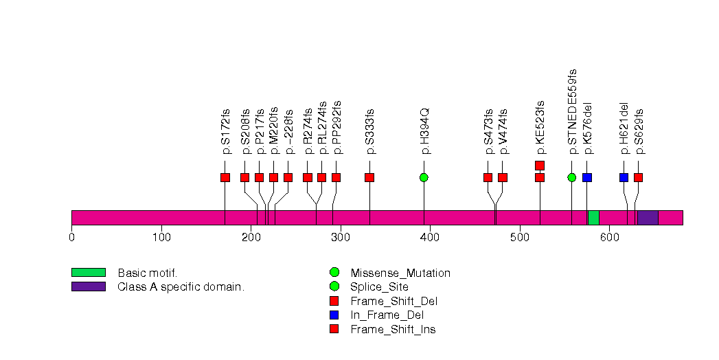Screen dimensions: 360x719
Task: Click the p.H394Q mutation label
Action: click(424, 131)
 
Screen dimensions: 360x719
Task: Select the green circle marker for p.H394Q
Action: click(424, 177)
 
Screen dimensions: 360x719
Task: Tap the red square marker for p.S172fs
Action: click(225, 177)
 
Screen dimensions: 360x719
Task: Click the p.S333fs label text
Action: click(370, 131)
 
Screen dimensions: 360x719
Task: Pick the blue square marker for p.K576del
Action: click(586, 177)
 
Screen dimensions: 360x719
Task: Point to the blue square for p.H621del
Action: click(624, 177)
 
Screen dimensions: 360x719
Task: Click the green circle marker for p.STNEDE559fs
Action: click(572, 177)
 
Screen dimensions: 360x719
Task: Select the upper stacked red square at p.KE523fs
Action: click(540, 165)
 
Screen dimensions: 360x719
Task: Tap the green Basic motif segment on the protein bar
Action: click(593, 217)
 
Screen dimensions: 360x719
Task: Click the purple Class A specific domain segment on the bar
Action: click(648, 217)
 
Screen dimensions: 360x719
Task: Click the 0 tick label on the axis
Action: click(71, 238)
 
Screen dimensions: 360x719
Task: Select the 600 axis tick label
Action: click(608, 238)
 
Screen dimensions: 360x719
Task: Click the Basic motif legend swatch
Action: click(88, 273)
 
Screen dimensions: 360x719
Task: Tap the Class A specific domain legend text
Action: click(181, 286)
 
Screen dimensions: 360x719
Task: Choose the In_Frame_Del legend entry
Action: click(387, 315)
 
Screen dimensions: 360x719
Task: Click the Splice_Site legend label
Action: click(379, 286)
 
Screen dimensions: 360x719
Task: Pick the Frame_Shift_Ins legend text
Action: click(393, 330)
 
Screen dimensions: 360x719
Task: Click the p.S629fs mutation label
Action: click(639, 131)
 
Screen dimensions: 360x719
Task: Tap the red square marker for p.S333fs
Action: click(369, 177)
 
